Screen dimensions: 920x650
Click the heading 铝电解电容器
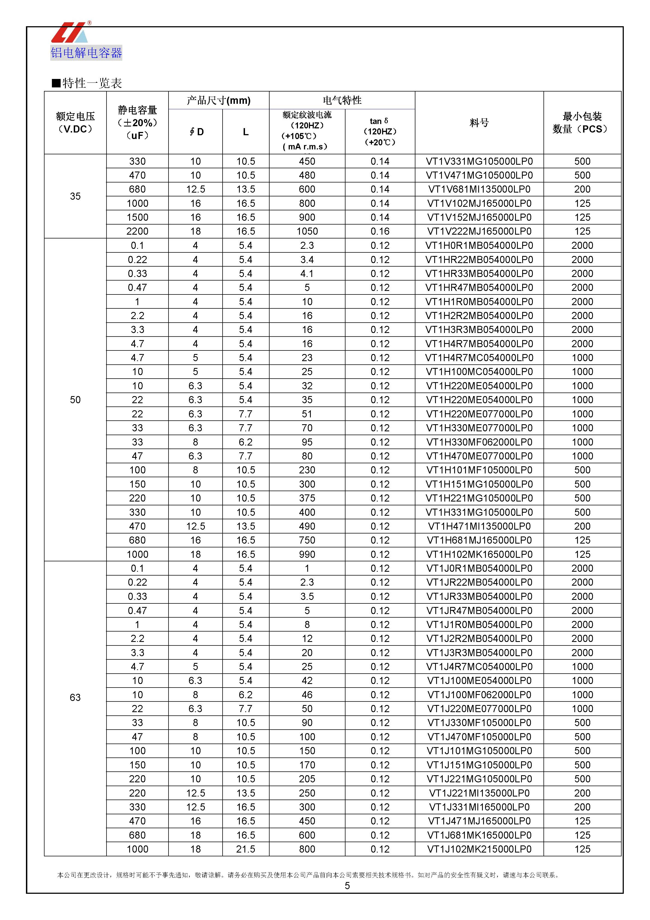86,52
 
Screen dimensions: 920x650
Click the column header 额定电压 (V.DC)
75,123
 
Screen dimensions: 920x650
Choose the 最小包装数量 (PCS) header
582,123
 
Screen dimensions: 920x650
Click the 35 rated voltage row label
75,196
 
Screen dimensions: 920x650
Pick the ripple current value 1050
307,231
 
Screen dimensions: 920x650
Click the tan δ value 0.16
380,231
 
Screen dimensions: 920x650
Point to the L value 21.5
246,849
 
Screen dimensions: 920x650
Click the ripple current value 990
307,554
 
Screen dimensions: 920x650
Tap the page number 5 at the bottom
347,886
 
